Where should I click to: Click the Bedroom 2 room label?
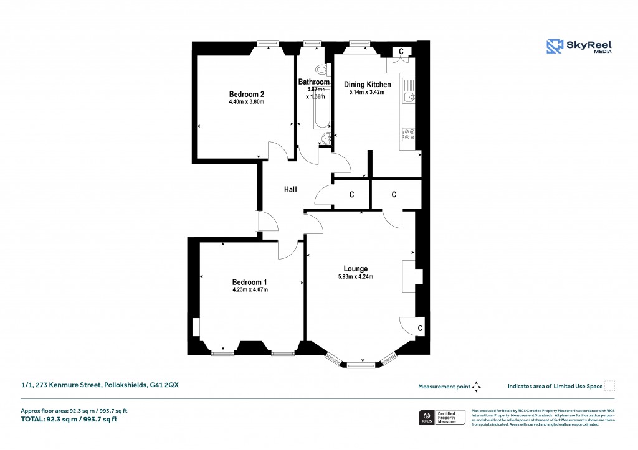(242, 94)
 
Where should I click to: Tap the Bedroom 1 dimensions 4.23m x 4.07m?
(250, 289)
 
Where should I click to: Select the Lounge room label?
(355, 269)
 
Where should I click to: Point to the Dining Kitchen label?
(368, 85)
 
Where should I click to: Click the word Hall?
(290, 189)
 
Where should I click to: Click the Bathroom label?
(313, 82)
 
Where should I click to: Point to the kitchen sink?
(409, 96)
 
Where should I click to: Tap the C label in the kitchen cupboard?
(401, 50)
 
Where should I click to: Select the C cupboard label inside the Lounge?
(420, 327)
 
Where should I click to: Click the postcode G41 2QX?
(164, 385)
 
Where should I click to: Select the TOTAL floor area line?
(69, 420)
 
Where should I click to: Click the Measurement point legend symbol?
(477, 387)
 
